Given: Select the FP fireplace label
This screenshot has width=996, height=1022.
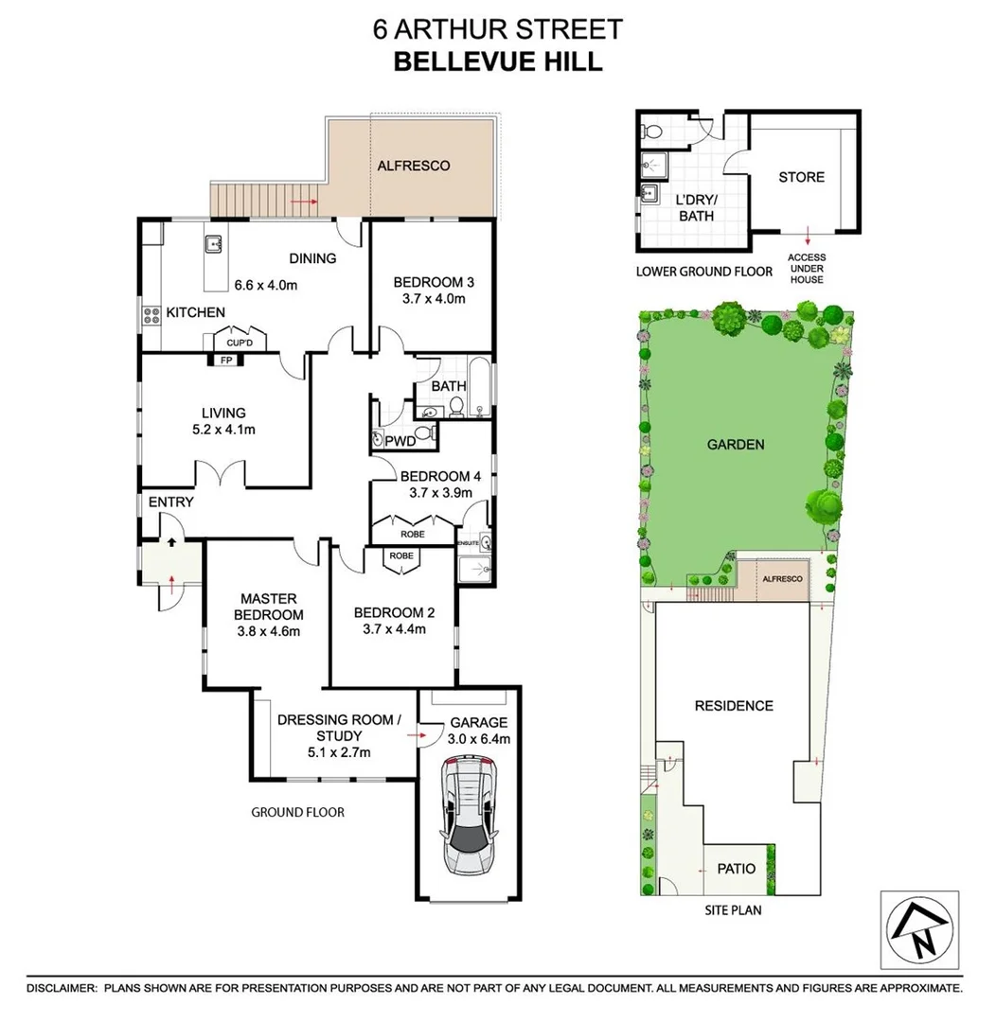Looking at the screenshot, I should click(225, 361).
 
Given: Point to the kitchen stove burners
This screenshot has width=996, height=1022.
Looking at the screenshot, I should click(150, 317).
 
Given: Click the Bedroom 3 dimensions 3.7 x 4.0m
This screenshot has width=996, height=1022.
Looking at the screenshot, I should click(432, 299).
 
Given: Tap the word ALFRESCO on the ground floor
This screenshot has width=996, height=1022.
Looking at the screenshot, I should click(414, 166).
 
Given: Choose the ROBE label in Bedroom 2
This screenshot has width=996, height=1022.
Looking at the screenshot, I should click(401, 556).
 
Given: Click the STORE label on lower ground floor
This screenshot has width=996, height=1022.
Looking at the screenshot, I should click(801, 177).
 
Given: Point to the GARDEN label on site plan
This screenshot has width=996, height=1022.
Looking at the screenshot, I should click(735, 444).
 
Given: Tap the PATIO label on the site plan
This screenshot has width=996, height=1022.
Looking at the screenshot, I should click(736, 868).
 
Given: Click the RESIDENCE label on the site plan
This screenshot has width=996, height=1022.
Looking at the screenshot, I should click(734, 706).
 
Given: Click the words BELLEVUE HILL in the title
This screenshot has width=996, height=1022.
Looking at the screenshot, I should click(498, 62).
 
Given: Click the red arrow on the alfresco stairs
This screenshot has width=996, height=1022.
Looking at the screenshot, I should click(303, 202).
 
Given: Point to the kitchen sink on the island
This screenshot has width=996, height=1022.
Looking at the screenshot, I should click(212, 244).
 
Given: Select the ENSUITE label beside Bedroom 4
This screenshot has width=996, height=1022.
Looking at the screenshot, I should click(469, 543).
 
